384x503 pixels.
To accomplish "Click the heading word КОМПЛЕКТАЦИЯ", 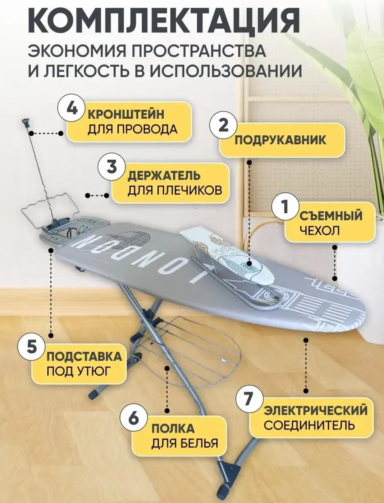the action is click(x=164, y=20).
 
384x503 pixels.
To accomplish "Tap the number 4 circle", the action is click(x=72, y=109).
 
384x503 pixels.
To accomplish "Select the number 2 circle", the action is click(x=224, y=126).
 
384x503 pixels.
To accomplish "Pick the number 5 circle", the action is click(x=32, y=348).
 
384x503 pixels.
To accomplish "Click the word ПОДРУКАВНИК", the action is click(x=280, y=140).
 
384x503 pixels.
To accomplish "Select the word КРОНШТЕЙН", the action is click(x=126, y=114).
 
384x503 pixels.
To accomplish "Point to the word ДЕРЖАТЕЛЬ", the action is click(x=164, y=175).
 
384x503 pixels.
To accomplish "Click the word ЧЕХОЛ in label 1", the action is click(x=319, y=231).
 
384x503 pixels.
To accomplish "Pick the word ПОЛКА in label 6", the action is click(x=173, y=429).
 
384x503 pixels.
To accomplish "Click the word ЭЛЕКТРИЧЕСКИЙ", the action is click(x=315, y=411).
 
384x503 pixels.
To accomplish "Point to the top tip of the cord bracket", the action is click(x=26, y=121).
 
